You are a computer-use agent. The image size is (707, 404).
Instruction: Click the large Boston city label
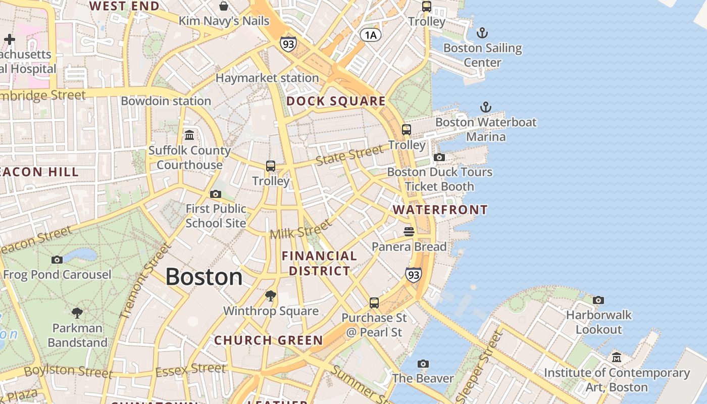tap(204, 277)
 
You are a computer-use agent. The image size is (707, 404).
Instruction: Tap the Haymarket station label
tap(267, 78)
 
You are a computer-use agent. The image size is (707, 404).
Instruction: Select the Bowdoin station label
tap(166, 101)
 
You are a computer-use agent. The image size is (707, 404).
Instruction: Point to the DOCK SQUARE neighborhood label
tap(336, 101)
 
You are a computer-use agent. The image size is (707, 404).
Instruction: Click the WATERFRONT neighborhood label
tap(440, 210)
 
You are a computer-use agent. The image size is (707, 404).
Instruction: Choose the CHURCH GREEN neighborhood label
tap(268, 340)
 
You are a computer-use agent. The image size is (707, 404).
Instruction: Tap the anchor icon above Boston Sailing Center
tap(482, 33)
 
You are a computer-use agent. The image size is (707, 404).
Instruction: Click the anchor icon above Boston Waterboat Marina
tap(485, 107)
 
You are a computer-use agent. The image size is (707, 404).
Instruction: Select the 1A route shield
tap(370, 34)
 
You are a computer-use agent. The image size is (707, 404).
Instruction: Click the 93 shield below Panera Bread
tap(413, 275)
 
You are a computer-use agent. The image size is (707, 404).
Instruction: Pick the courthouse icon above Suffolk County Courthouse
tap(189, 135)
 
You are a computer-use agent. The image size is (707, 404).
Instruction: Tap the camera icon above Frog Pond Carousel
tap(57, 260)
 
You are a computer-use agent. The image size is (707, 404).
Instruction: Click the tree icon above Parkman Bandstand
tap(77, 313)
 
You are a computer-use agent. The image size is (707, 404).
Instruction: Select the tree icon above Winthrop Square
tap(271, 296)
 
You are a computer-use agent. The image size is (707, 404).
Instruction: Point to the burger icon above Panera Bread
tap(409, 232)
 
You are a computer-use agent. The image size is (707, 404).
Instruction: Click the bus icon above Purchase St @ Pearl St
tap(374, 303)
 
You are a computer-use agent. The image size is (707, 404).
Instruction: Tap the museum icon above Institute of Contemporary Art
tap(617, 358)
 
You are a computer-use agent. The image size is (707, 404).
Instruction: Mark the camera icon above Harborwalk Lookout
tap(598, 300)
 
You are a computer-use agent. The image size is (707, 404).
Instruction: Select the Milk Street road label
tap(301, 230)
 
